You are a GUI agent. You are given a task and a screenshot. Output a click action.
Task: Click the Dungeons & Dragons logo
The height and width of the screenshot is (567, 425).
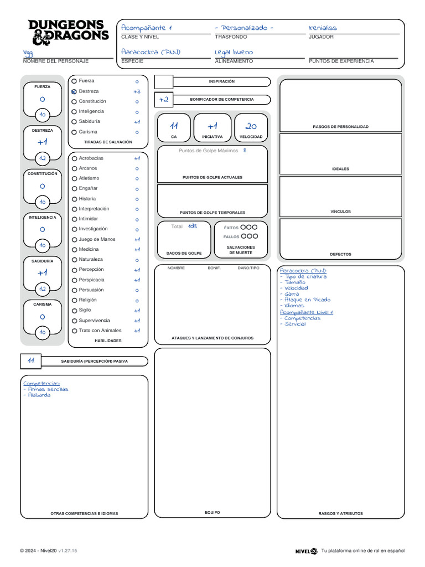68,32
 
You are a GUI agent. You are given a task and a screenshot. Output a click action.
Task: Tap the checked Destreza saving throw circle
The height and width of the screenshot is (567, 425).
74,91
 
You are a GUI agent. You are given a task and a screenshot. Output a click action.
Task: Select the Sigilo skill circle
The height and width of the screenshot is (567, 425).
74,311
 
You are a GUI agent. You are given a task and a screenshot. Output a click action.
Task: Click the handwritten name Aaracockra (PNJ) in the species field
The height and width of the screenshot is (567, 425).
151,52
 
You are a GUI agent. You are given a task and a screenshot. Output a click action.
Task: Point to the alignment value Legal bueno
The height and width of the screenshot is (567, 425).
234,52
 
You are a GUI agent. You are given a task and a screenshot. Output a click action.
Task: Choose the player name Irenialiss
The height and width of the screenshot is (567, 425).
323,28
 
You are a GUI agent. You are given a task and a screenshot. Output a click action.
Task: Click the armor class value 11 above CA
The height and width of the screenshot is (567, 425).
174,126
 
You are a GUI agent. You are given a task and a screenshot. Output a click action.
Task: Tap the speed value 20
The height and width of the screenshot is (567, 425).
251,126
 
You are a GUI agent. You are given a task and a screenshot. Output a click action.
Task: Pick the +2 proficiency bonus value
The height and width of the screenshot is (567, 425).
163,100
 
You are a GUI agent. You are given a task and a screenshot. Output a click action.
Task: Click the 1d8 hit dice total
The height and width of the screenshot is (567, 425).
192,226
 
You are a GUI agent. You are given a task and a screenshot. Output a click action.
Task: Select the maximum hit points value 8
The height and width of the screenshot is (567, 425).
245,150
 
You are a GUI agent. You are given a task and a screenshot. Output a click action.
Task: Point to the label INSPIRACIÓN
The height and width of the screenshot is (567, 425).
221,81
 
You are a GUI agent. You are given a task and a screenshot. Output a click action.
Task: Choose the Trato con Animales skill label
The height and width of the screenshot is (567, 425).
100,331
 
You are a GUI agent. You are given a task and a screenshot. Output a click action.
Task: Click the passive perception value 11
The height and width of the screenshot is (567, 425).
31,360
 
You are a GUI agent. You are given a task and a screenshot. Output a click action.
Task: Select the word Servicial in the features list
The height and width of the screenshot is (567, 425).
295,324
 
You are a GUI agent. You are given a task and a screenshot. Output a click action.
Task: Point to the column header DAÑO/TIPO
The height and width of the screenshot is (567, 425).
248,268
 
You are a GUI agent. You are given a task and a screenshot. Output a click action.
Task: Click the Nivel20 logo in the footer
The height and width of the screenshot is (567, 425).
306,551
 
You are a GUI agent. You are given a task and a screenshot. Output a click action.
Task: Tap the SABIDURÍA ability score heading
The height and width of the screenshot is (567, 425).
43,261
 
